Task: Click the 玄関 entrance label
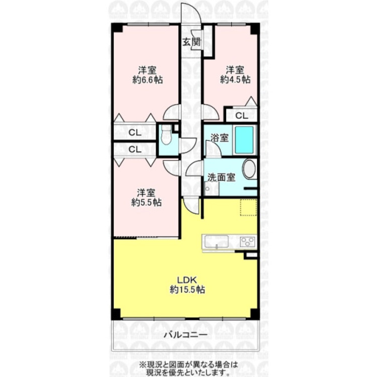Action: tap(191, 42)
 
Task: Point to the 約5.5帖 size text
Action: tap(146, 203)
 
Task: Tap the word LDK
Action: tap(188, 280)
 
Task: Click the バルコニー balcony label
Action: tap(185, 335)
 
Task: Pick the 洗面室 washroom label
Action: tap(221, 177)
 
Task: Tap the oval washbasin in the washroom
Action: tap(249, 169)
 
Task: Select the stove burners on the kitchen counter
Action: tap(247, 241)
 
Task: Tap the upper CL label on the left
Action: tap(134, 133)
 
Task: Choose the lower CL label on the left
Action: tap(134, 149)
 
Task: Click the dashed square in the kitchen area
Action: tap(247, 207)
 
